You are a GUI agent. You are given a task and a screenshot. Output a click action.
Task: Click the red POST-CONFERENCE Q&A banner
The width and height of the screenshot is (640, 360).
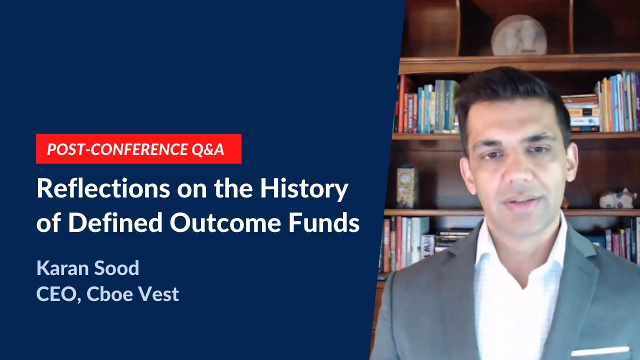[138, 148]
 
